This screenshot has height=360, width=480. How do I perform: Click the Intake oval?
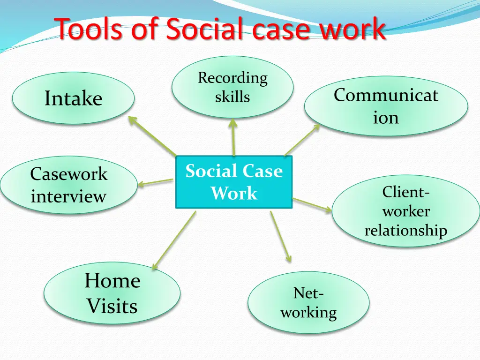point(73,98)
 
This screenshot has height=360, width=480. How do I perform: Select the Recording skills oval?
point(232,88)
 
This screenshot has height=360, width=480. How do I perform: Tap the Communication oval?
point(386,106)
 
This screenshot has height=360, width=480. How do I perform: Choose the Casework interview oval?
point(68,185)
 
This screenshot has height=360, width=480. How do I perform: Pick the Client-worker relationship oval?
point(406,211)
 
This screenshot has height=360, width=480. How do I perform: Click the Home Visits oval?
point(112,293)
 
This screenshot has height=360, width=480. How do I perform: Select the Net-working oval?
point(308,303)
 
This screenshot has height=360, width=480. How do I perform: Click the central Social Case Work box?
point(234,182)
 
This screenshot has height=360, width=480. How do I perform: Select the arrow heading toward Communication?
point(301,140)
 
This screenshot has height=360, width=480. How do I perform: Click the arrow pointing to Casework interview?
point(156,182)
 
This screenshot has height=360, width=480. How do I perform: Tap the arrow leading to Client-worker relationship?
point(312,205)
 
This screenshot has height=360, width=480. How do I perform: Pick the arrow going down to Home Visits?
point(173,240)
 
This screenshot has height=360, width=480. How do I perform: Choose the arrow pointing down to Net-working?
point(280,237)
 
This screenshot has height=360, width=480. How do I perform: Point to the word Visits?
point(112,306)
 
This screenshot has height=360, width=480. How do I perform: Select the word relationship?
point(406,230)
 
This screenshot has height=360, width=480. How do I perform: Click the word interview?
point(68,196)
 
